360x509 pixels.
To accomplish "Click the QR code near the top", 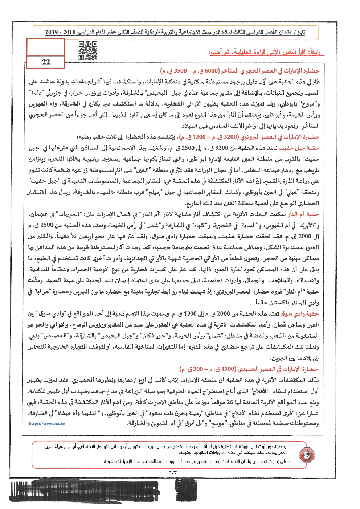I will pyautogui.click(x=88, y=50).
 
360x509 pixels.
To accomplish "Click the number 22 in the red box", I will pyautogui.click(x=46, y=62).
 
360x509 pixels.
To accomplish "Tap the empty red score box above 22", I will pyautogui.click(x=46, y=47).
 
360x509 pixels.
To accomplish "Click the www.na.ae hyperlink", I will pyautogui.click(x=46, y=423).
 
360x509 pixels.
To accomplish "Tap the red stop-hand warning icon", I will pyautogui.click(x=307, y=454).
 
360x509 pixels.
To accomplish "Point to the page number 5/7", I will pyautogui.click(x=173, y=473).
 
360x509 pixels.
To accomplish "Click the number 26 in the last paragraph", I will pyautogui.click(x=230, y=402).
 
